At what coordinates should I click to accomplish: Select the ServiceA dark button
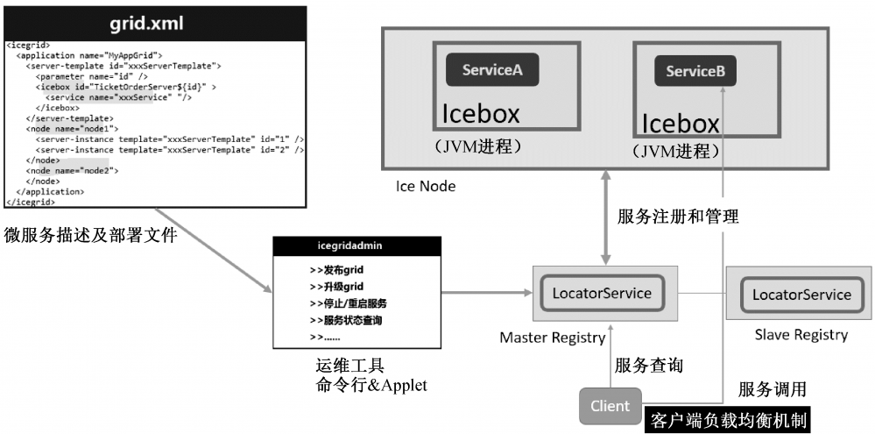click(492, 70)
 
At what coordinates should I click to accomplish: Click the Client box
click(610, 406)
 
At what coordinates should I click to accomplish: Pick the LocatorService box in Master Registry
click(602, 293)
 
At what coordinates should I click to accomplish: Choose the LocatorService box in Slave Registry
click(801, 295)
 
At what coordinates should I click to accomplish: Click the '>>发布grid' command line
click(337, 270)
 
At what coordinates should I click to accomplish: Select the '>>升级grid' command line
click(337, 287)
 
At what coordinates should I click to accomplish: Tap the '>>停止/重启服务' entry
click(349, 303)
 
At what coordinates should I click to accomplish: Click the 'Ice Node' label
click(426, 186)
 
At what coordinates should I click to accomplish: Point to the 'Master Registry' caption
click(552, 338)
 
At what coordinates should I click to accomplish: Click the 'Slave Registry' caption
click(801, 335)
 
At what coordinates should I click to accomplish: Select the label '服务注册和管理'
click(678, 217)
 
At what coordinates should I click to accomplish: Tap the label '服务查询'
click(649, 365)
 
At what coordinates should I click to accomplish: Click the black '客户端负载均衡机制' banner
click(727, 420)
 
